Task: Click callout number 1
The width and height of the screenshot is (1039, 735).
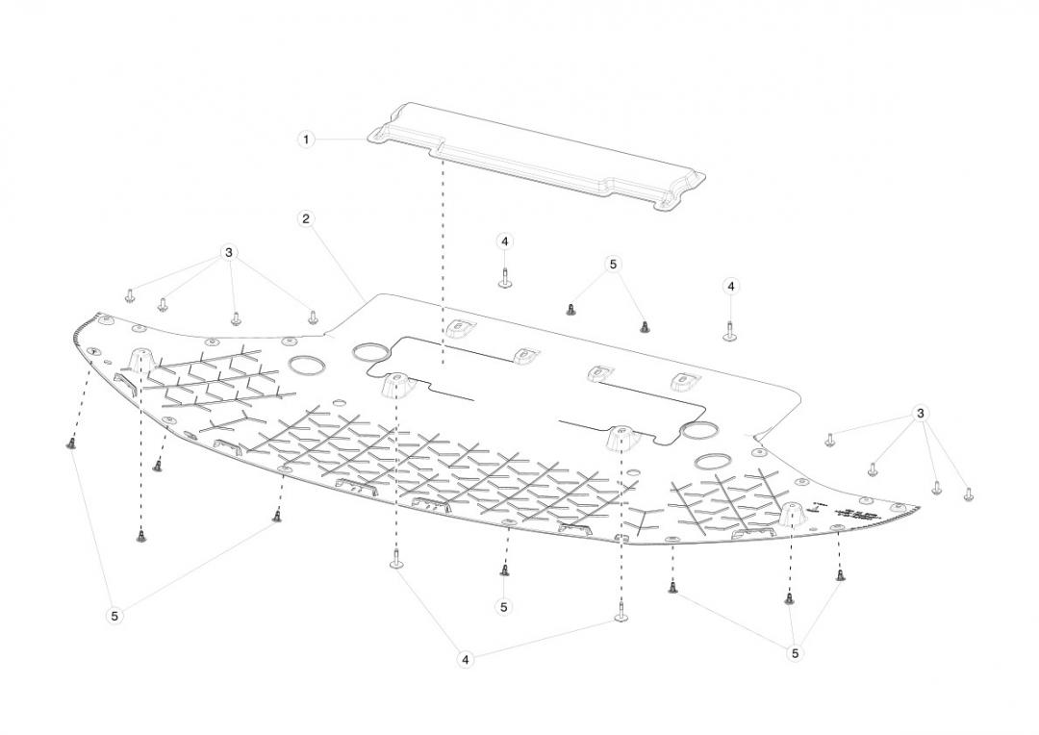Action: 306,139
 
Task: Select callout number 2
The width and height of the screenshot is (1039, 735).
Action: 306,218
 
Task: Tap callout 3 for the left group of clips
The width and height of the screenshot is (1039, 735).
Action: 228,252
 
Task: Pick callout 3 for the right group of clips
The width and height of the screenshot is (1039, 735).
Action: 921,413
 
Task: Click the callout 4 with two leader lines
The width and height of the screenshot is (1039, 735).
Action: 466,660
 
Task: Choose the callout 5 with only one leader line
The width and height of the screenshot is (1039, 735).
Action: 504,606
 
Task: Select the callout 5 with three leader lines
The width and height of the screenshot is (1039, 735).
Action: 795,653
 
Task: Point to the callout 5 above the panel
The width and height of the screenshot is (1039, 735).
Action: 613,264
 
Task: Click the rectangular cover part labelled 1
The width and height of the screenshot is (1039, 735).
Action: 539,154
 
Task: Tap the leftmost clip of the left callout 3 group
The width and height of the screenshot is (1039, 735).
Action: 130,292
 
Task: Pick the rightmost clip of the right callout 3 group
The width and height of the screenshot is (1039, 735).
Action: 969,494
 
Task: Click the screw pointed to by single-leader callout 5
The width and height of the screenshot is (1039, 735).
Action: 504,570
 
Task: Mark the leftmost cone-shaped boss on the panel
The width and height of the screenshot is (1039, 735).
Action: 140,361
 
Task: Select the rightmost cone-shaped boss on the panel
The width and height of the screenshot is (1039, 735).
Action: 791,513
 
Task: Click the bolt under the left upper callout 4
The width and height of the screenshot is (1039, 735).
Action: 504,279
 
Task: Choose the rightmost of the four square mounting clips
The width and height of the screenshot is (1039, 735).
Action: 683,382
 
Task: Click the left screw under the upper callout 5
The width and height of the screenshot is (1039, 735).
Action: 570,309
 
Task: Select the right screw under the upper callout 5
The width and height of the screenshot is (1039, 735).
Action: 645,326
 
